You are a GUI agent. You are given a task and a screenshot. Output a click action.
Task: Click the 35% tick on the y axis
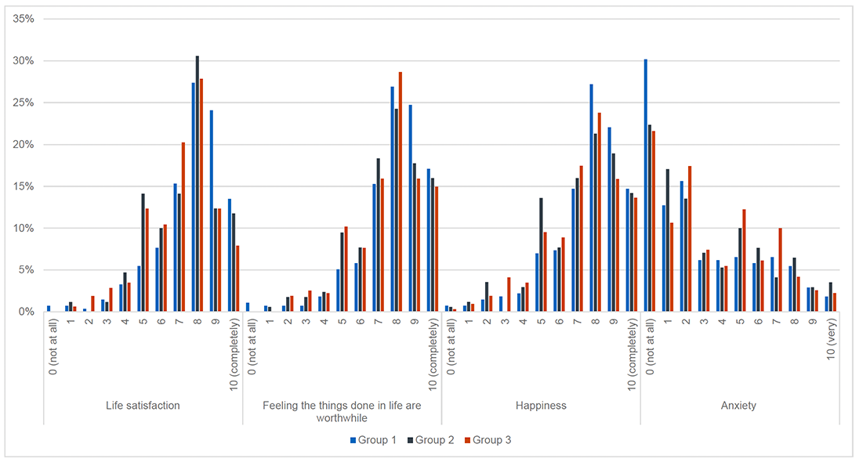(x=23, y=19)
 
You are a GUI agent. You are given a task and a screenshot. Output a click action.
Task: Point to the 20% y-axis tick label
(x=23, y=145)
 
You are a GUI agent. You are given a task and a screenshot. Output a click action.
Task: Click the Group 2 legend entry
(x=429, y=440)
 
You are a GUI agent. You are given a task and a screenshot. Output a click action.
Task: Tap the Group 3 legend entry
(x=485, y=440)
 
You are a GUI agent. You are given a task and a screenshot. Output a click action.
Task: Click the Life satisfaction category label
(x=143, y=406)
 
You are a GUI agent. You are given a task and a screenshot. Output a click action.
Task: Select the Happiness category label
(x=541, y=406)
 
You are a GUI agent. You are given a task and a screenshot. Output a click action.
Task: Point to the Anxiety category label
(x=739, y=406)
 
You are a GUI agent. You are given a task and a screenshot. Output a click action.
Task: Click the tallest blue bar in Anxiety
(x=645, y=186)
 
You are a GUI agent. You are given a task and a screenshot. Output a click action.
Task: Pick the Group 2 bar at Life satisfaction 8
(x=198, y=184)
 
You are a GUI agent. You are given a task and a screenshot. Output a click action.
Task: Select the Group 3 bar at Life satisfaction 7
(x=183, y=227)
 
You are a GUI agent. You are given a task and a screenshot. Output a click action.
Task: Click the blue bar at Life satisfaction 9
(x=212, y=211)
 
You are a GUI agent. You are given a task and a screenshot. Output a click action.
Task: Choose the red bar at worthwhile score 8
(x=400, y=192)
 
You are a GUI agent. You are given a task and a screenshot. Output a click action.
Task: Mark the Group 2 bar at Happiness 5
(x=541, y=254)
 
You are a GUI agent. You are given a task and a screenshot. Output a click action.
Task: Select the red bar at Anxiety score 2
(x=690, y=239)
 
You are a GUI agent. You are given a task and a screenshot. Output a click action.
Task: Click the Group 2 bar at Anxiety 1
(x=667, y=240)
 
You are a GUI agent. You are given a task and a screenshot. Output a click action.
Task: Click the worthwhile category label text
(x=342, y=411)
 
